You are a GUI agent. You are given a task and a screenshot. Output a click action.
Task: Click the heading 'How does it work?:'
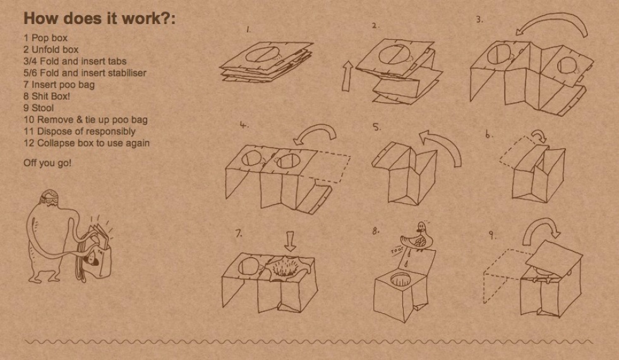pyautogui.click(x=100, y=18)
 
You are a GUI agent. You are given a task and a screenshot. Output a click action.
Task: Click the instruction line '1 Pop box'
pyautogui.click(x=45, y=38)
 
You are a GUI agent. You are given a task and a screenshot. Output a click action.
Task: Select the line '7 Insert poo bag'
pyautogui.click(x=59, y=85)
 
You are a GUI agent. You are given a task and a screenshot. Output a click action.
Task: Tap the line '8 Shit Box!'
pyautogui.click(x=47, y=96)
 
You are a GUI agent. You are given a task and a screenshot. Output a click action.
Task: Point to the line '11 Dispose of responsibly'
pyautogui.click(x=80, y=131)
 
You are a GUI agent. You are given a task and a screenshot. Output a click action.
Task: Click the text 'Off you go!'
pyautogui.click(x=47, y=163)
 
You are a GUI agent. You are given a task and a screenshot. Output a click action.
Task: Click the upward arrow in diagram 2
pyautogui.click(x=347, y=76)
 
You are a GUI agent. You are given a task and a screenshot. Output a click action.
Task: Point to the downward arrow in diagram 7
pyautogui.click(x=290, y=241)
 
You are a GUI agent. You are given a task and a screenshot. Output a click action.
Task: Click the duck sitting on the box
pyautogui.click(x=418, y=237)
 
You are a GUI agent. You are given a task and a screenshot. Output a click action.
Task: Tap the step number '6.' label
pyautogui.click(x=490, y=135)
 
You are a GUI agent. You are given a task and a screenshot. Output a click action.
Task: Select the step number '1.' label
pyautogui.click(x=248, y=29)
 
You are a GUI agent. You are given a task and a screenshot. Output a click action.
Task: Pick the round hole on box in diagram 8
pyautogui.click(x=402, y=279)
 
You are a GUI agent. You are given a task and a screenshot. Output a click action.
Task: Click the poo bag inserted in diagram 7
pyautogui.click(x=288, y=267)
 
